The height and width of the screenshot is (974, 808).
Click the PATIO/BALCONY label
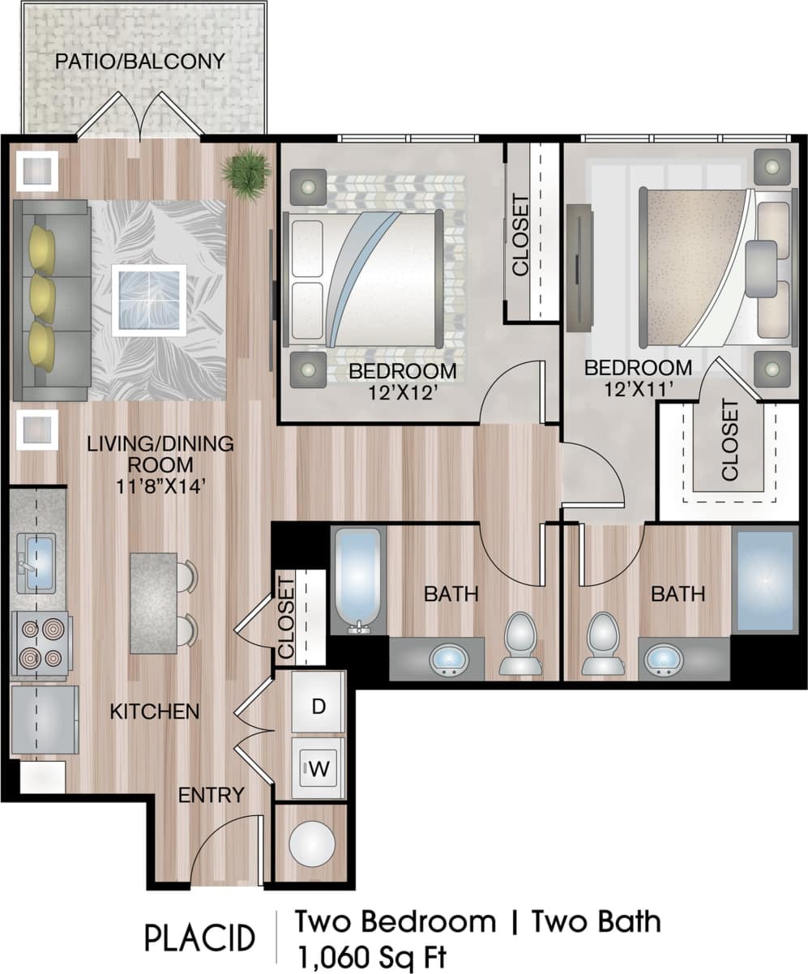(139, 62)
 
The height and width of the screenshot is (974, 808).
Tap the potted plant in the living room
(246, 171)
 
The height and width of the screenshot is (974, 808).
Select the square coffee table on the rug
(148, 300)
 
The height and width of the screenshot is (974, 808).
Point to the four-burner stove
(41, 643)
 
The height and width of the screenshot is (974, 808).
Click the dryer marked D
(318, 705)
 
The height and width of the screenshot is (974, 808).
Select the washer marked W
(318, 767)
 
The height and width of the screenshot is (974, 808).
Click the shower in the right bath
(764, 580)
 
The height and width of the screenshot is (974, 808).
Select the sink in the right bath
(664, 659)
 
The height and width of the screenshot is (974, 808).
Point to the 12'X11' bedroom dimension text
(639, 389)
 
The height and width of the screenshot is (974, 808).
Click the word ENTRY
(212, 795)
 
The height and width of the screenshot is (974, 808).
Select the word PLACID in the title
(200, 938)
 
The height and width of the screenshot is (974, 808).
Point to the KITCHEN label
(155, 712)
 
